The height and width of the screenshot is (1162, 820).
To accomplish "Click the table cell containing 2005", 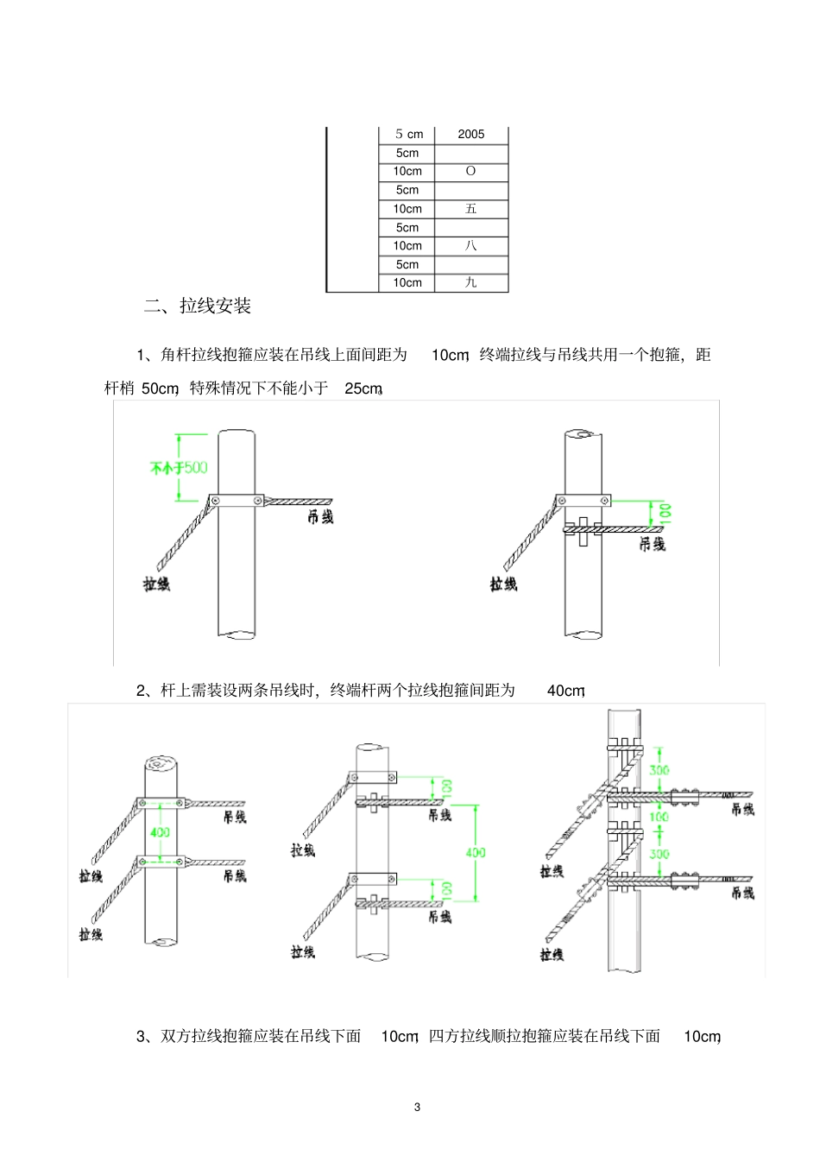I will (x=470, y=134).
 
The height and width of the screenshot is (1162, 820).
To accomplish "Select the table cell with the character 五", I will (x=470, y=209).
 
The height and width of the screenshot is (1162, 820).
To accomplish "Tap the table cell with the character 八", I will (x=470, y=246).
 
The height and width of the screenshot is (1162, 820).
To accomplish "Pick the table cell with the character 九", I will (x=470, y=283).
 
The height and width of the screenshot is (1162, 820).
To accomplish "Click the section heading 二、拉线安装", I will (x=198, y=306).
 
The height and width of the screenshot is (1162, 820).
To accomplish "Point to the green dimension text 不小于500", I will (x=178, y=468).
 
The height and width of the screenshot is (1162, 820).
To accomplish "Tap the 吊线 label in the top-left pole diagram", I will (x=320, y=517).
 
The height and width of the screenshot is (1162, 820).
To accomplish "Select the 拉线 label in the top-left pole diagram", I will (x=156, y=584).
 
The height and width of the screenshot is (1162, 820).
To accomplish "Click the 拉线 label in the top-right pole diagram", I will (x=503, y=584).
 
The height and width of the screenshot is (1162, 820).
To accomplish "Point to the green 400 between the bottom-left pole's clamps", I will (x=160, y=832).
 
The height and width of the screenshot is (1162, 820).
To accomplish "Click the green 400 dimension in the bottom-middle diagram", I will (x=476, y=852).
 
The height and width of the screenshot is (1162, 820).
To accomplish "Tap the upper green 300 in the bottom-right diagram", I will (x=659, y=770).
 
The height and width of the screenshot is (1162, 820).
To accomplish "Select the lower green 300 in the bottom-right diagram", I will (x=659, y=854).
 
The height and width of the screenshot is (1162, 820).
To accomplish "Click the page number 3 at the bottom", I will (x=417, y=1108).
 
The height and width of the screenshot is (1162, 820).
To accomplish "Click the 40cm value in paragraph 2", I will (x=565, y=691).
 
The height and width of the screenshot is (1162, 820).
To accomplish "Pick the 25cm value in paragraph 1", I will (x=363, y=388).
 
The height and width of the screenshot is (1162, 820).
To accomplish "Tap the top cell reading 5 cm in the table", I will (x=408, y=134).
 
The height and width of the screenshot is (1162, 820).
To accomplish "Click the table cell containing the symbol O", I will (x=470, y=171).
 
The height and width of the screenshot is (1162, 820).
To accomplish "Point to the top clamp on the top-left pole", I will (x=237, y=501).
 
